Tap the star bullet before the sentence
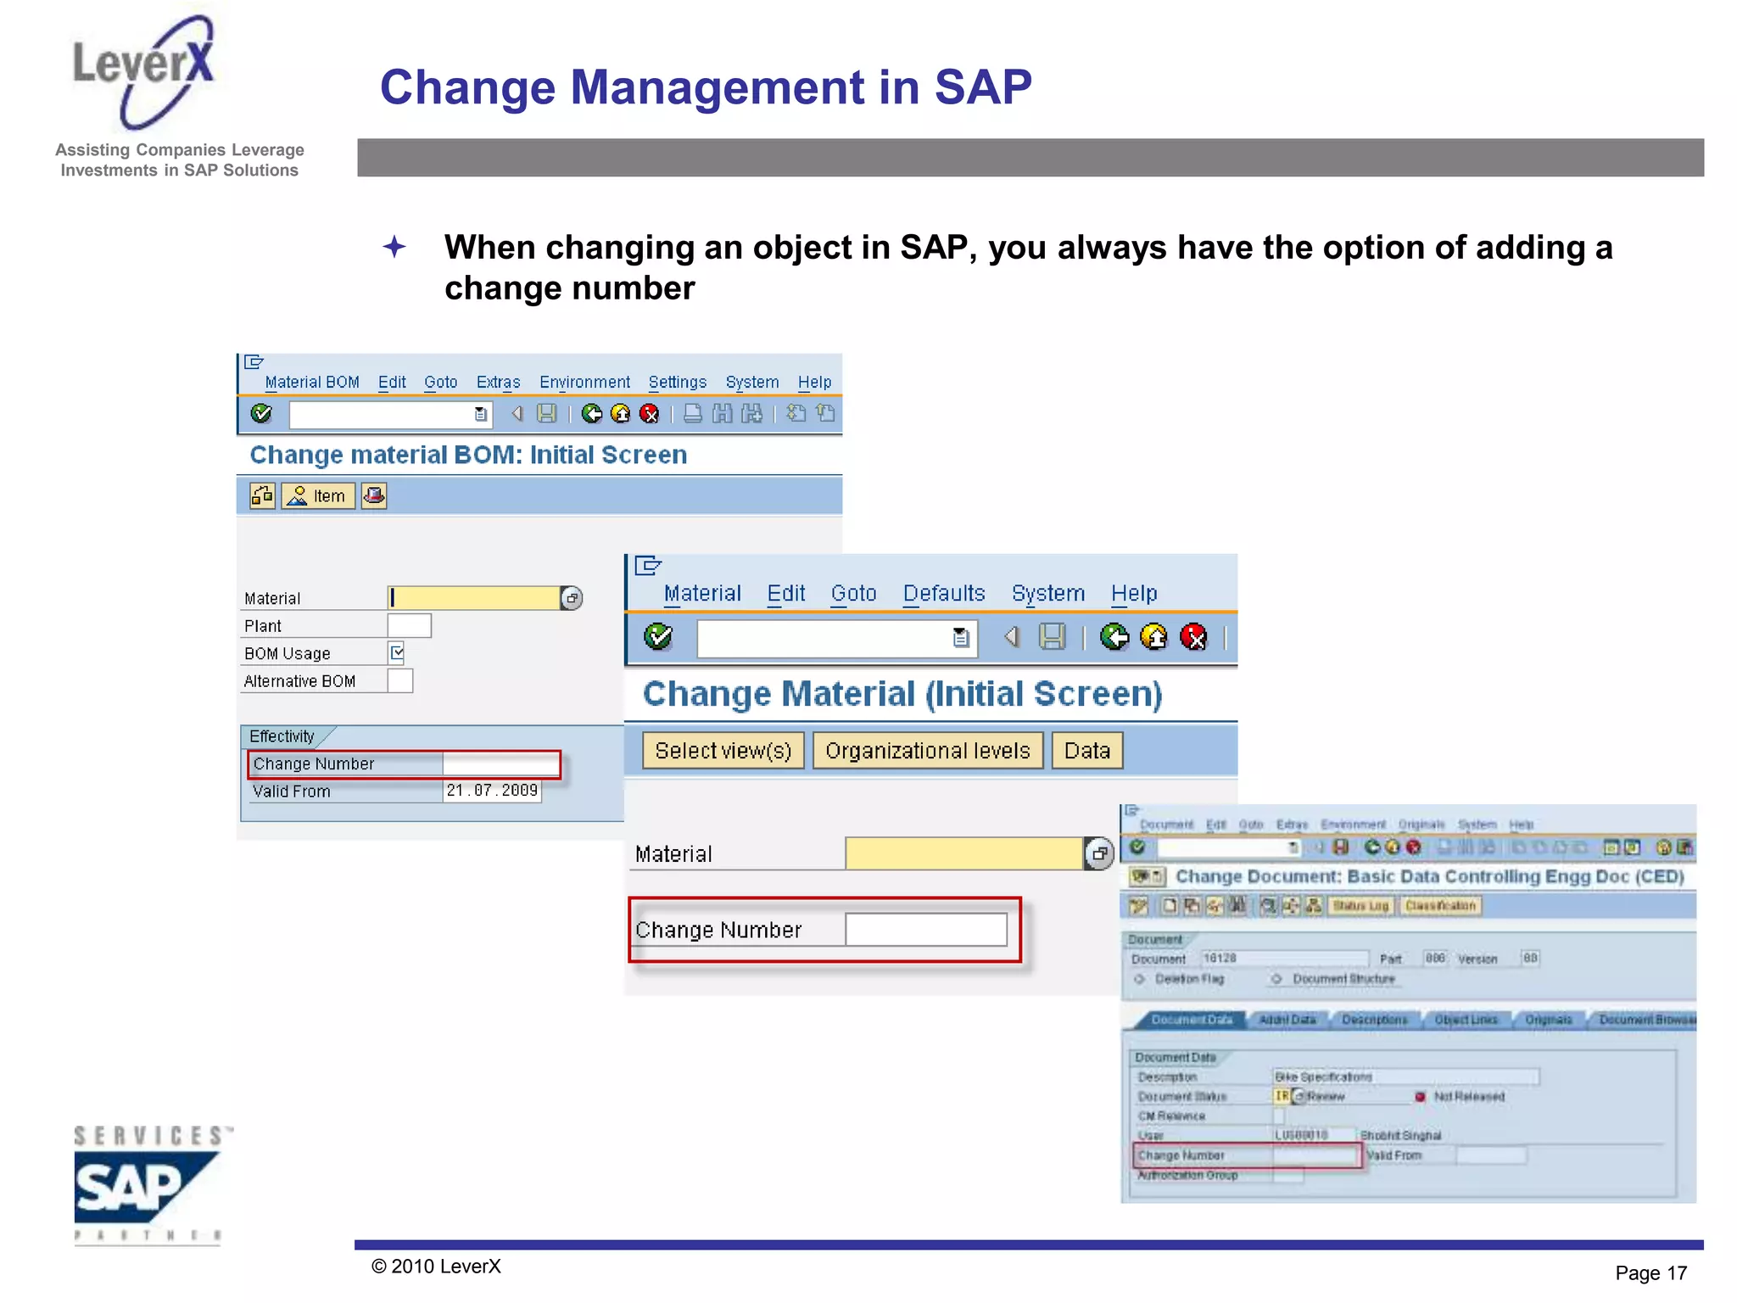[x=394, y=247]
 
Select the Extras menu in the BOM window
[x=498, y=383]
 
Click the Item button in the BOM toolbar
[x=318, y=495]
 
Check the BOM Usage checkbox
[x=397, y=652]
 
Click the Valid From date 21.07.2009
[x=491, y=791]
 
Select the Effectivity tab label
[x=282, y=736]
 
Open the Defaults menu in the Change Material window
[x=943, y=593]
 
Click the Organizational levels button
[x=927, y=751]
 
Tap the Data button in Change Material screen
[x=1086, y=751]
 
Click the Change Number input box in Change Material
[x=925, y=930]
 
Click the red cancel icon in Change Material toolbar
[x=1193, y=636]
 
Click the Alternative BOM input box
[x=399, y=681]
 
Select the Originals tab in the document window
[x=1548, y=1020]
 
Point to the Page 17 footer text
[x=1650, y=1272]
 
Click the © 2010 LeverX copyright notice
[x=436, y=1267]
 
